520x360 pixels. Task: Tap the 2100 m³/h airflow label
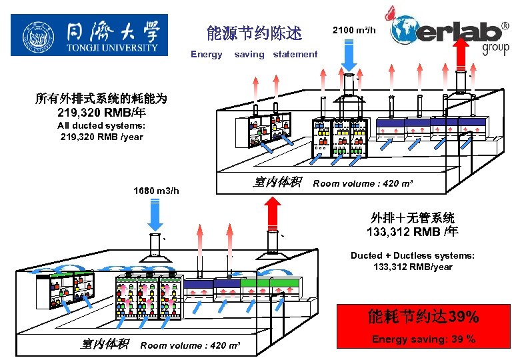pos(354,30)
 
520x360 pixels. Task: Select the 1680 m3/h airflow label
pos(156,191)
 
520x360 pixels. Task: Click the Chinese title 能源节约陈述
pos(254,33)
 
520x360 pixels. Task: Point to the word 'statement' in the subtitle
pos(295,54)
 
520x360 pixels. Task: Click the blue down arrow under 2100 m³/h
pos(349,54)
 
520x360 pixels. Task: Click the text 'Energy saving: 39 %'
pos(423,339)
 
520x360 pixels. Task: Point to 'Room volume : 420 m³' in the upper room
pos(355,183)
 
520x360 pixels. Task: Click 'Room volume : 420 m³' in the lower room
pos(190,345)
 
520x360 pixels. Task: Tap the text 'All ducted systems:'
pos(101,125)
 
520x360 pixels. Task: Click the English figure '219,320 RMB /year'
pos(101,137)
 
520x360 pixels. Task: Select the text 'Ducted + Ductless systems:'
pos(413,255)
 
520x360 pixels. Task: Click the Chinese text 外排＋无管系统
pos(413,218)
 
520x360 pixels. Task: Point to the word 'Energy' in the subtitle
pos(207,54)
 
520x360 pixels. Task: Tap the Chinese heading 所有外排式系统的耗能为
pos(101,99)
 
